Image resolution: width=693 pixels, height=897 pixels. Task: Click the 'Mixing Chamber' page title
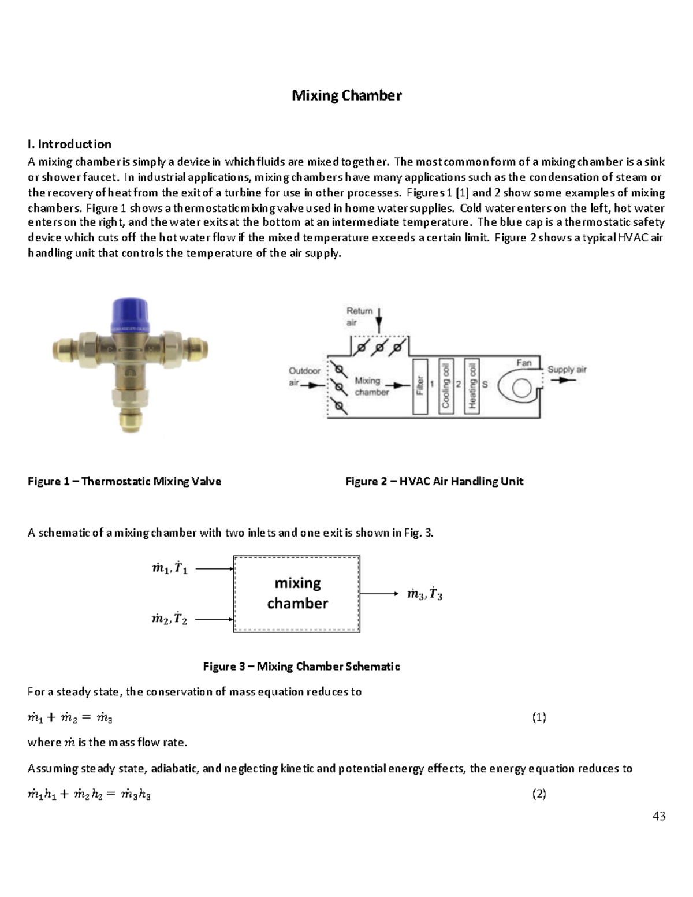coord(346,95)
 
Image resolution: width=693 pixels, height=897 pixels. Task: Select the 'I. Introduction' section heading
coord(69,144)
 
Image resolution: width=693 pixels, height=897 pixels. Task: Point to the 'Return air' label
coord(359,317)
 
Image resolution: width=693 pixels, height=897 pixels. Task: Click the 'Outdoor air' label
coord(304,376)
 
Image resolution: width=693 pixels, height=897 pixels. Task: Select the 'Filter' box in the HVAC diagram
coord(420,385)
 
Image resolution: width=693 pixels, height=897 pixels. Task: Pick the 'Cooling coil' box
coord(445,385)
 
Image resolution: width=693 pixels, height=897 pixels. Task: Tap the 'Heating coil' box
coord(472,385)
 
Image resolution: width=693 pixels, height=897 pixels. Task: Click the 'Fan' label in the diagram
coord(523,363)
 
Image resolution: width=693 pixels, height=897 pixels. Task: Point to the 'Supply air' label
coord(567,369)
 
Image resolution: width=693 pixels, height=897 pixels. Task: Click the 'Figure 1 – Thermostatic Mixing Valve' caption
coord(124,481)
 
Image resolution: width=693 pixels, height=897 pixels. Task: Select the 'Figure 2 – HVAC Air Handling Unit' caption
coord(434,481)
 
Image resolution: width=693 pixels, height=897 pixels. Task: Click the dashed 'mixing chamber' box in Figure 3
coord(297,594)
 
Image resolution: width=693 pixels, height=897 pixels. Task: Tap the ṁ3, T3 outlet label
coord(424,594)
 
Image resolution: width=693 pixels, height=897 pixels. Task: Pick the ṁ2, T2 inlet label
coord(169,619)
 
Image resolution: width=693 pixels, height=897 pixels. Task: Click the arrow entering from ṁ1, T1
coord(214,569)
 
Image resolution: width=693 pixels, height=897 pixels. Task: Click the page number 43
coord(659,816)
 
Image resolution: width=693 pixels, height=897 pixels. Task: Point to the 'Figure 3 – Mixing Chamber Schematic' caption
coord(301,667)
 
